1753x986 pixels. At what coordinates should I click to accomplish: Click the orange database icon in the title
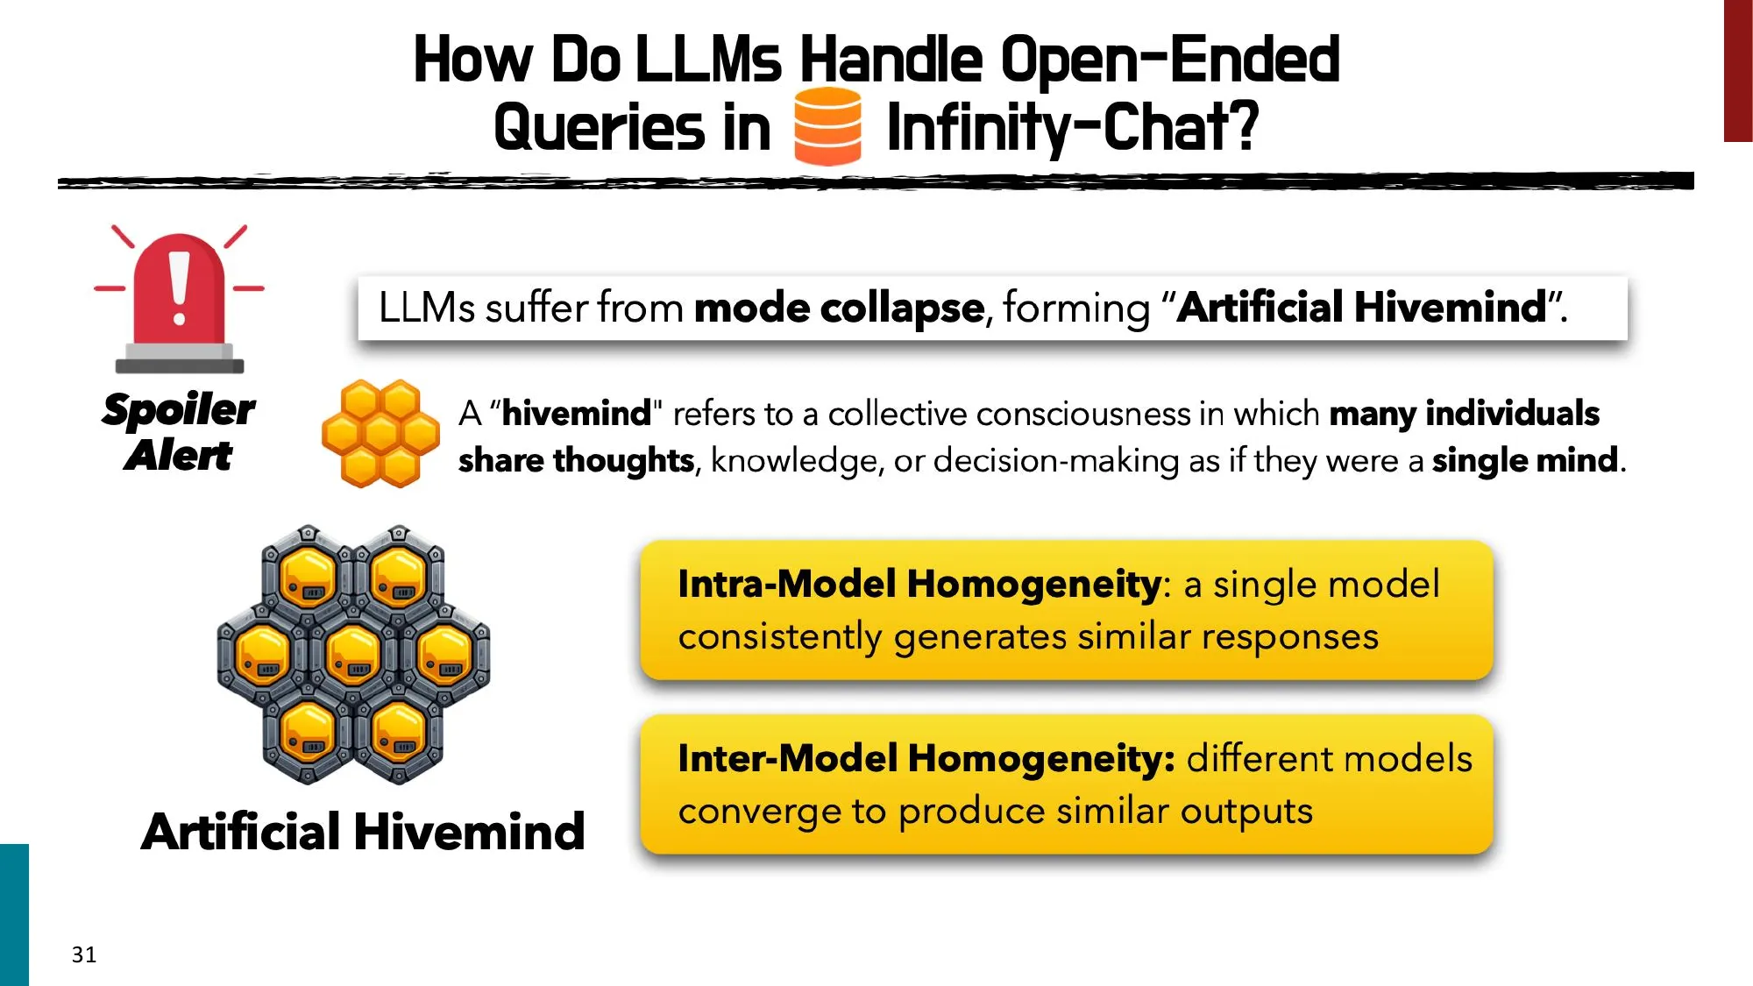[827, 127]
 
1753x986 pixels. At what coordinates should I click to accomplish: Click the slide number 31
[84, 954]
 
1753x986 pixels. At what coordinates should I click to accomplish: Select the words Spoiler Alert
[179, 432]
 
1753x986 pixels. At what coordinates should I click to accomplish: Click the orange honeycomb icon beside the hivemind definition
[380, 433]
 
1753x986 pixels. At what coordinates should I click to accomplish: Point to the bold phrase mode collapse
[839, 308]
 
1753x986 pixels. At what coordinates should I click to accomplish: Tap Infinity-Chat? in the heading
[1073, 128]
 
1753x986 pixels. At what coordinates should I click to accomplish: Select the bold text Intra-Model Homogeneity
[919, 584]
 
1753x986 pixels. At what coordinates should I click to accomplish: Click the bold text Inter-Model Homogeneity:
[926, 758]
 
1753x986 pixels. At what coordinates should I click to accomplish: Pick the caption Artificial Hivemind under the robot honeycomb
[363, 831]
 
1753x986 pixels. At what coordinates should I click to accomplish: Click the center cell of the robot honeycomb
[353, 656]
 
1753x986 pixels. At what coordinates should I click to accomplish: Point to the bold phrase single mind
[1524, 460]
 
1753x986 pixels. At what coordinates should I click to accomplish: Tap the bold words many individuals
[1464, 413]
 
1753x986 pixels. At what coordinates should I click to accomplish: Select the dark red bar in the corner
[1737, 70]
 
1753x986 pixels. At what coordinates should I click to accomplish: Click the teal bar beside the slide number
[14, 914]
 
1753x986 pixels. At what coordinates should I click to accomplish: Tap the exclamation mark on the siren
[180, 287]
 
